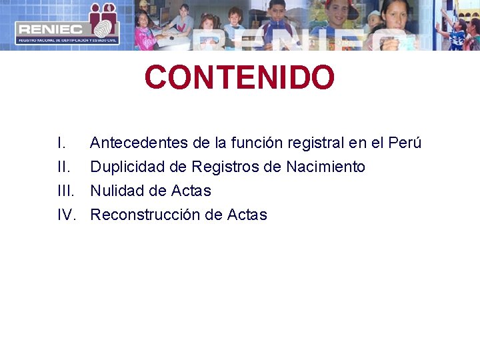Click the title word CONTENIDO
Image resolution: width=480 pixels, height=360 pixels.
(239, 77)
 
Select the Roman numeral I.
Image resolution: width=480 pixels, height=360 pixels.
(61, 143)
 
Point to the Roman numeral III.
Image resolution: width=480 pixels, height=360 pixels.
(65, 191)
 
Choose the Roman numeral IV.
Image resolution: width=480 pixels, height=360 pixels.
(66, 215)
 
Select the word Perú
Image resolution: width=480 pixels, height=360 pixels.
(404, 143)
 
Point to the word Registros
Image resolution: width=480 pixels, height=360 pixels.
(225, 167)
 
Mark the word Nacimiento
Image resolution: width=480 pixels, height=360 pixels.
(326, 167)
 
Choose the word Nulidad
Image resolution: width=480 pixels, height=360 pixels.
(115, 191)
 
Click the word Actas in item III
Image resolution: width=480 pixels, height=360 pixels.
(191, 191)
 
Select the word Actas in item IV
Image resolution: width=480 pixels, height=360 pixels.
(247, 215)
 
